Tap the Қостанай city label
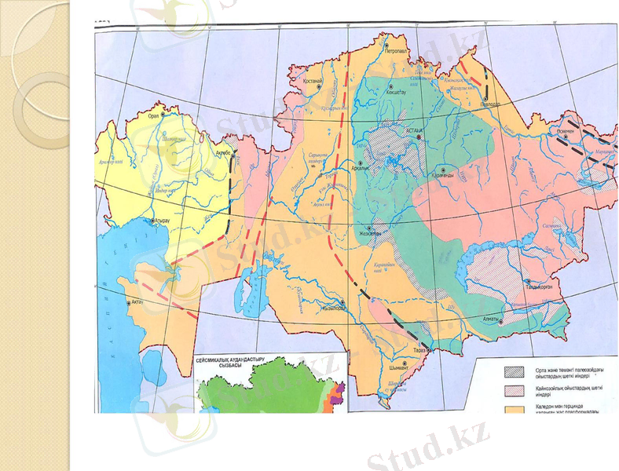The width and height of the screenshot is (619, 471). click(314, 81)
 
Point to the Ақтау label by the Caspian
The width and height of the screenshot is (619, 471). click(135, 301)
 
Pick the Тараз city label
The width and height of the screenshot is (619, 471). click(420, 351)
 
